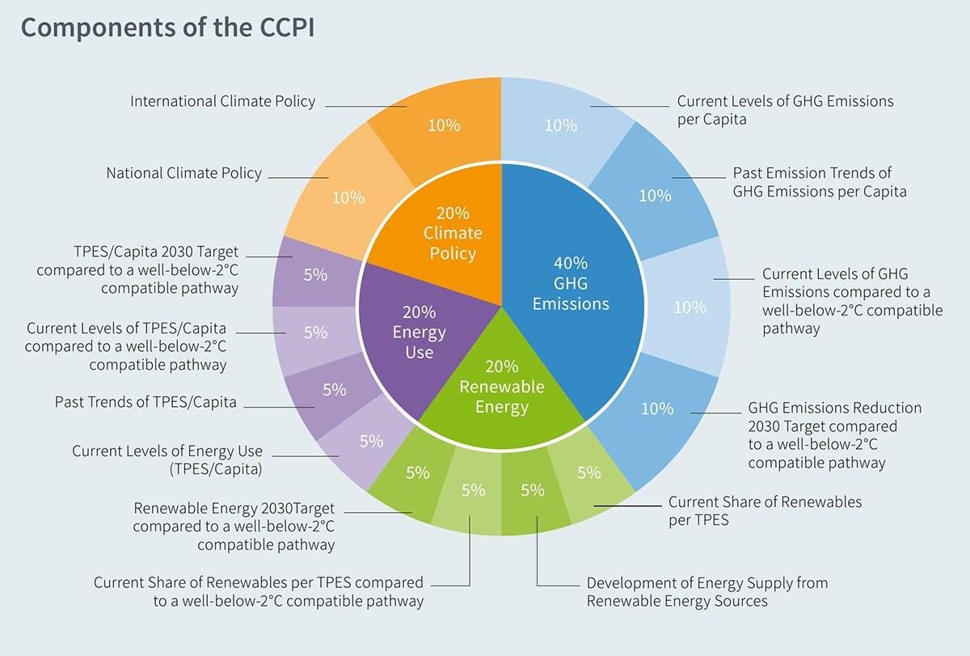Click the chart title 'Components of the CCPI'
point(167,28)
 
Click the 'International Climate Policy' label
point(222,101)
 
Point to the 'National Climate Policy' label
point(184,173)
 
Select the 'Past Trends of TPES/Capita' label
point(145,402)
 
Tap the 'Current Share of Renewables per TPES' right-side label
point(765,511)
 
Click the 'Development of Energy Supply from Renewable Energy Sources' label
point(707,592)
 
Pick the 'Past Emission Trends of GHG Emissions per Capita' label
point(820,183)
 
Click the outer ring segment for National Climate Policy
point(342,195)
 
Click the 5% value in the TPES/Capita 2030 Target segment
point(315,275)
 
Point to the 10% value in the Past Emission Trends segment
point(656,196)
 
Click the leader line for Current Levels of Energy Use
point(305,456)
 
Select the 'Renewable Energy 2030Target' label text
point(234,508)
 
